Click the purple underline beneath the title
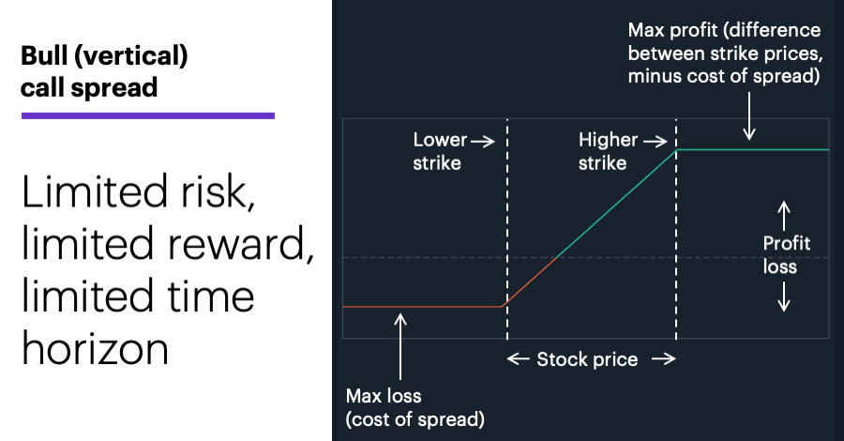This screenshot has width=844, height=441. [148, 115]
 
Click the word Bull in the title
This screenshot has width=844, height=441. [43, 55]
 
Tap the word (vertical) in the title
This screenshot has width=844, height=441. [130, 56]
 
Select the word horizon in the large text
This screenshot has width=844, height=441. [96, 349]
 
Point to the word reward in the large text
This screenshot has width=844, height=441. [239, 244]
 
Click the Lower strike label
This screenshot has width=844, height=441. [440, 151]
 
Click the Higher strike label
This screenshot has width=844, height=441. [608, 151]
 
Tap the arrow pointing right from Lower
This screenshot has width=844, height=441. [483, 141]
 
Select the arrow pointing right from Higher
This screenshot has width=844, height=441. [656, 141]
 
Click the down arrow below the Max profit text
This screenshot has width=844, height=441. [748, 115]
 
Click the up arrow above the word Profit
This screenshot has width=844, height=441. [784, 216]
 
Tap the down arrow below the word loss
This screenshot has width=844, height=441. [784, 297]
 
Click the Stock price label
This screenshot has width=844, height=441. [587, 359]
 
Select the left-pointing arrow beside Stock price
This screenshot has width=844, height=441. [519, 358]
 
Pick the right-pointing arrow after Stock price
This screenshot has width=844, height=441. [664, 358]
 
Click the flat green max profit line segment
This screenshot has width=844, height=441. [752, 150]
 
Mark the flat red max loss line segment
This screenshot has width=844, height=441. [423, 307]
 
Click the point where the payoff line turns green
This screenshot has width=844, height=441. [556, 258]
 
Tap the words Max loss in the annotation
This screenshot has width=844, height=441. [384, 396]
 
